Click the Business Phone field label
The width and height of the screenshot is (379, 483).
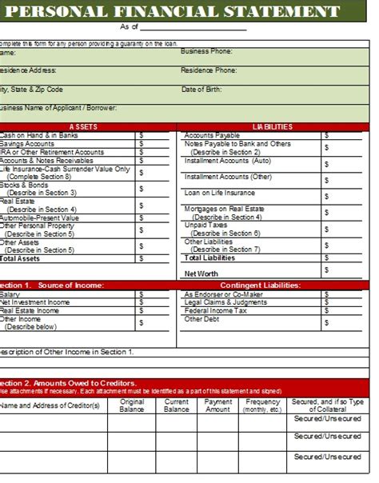point(206,50)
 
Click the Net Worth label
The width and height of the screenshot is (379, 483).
point(201,273)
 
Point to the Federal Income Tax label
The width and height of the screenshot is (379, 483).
point(216,310)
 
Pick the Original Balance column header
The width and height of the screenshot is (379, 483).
point(132,405)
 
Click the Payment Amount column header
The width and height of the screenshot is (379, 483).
point(217,405)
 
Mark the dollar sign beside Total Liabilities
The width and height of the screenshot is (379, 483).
point(326,258)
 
